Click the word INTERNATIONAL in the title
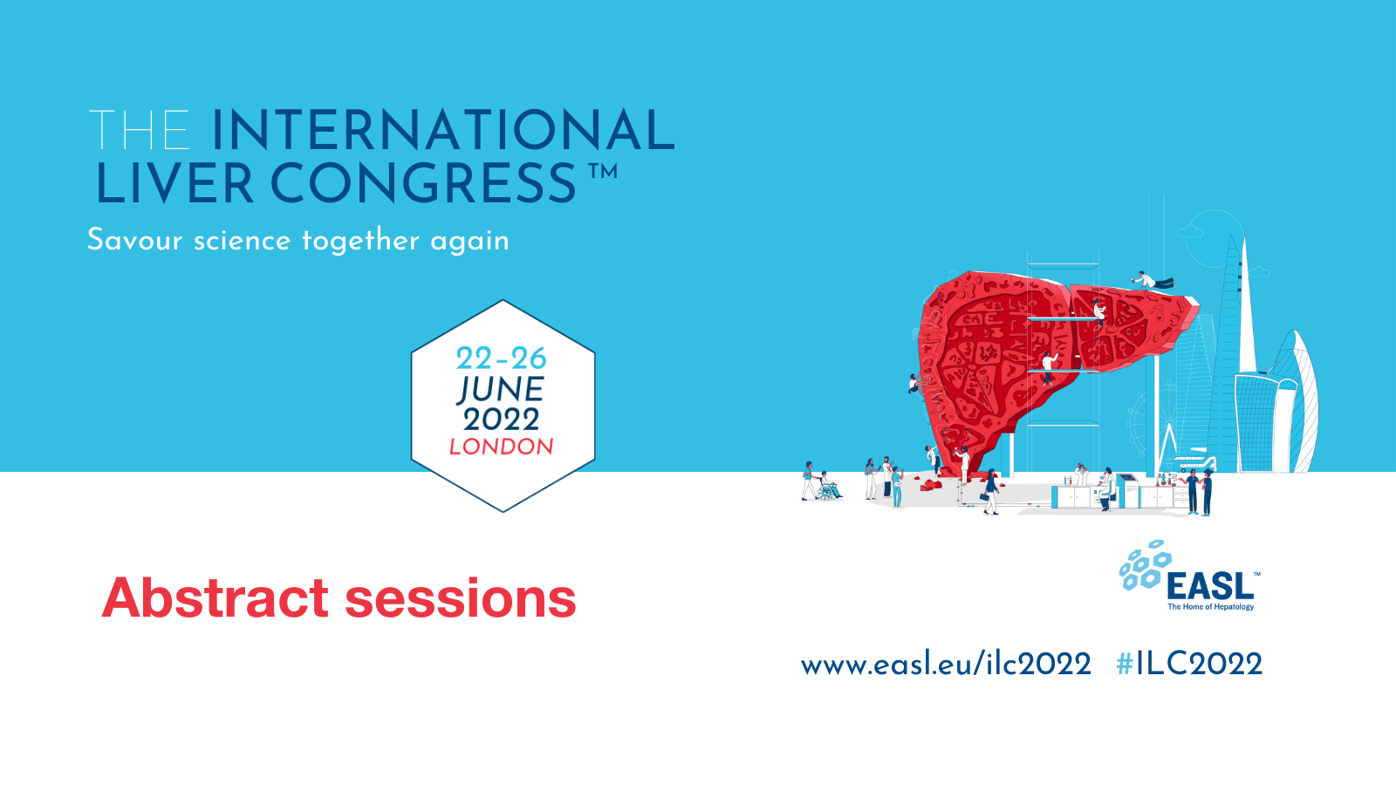tap(442, 131)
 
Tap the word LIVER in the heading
tap(174, 184)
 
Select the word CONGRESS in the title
tap(423, 184)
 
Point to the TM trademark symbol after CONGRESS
tap(602, 172)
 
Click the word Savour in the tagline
tap(134, 240)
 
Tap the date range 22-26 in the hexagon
tap(501, 358)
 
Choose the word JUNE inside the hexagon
tap(501, 389)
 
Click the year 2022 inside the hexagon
tap(501, 420)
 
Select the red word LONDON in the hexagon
tap(501, 447)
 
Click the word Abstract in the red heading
tap(215, 598)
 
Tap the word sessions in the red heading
tap(461, 598)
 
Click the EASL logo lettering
tap(1209, 586)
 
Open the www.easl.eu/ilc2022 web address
tap(946, 665)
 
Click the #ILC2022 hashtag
tap(1188, 665)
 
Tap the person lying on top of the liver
tap(1153, 281)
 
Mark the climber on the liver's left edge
tap(914, 384)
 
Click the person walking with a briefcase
tap(991, 493)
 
